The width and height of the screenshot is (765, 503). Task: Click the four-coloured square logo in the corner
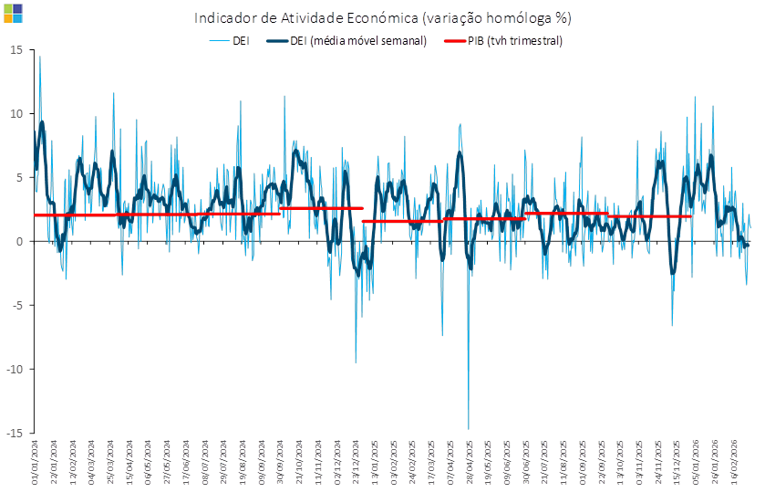tap(13, 12)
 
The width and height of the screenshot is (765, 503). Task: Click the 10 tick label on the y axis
tap(16, 113)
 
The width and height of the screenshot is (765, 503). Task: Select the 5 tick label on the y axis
tap(19, 177)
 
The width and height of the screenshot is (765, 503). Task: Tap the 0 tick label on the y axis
tap(19, 241)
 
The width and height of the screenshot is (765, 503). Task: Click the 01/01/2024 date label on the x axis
tap(35, 460)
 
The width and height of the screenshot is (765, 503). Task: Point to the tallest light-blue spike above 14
tap(39, 58)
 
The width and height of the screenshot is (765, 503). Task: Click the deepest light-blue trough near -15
tap(469, 427)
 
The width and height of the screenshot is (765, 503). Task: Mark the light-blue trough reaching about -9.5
tap(356, 362)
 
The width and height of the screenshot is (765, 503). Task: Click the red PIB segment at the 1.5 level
tap(401, 221)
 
